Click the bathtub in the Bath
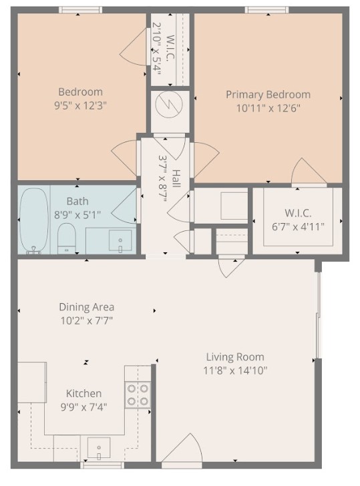click(x=33, y=220)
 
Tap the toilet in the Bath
click(x=66, y=238)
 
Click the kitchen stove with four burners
click(x=137, y=395)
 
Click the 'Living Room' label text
click(x=234, y=357)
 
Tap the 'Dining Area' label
click(x=86, y=307)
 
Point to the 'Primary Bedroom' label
click(x=268, y=95)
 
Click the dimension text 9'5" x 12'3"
click(x=80, y=105)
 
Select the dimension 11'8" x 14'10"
click(x=236, y=371)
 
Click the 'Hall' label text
click(x=176, y=178)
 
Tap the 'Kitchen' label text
click(x=83, y=393)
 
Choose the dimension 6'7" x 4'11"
click(x=297, y=226)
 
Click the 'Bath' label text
click(x=77, y=201)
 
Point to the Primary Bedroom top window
click(x=266, y=10)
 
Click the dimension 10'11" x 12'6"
click(x=268, y=107)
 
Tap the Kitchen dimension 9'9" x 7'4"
click(x=83, y=406)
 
